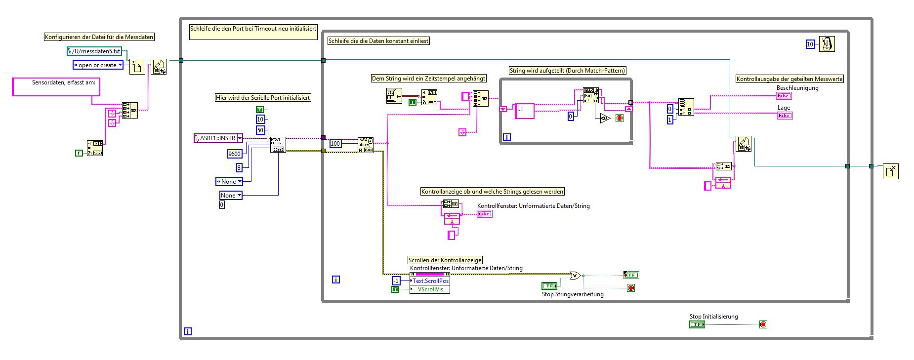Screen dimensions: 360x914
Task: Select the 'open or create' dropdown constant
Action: (x=98, y=65)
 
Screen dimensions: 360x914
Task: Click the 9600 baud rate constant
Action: (x=234, y=154)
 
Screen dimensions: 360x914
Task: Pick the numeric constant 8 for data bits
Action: (x=239, y=167)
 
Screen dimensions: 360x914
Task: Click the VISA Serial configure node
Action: (x=278, y=145)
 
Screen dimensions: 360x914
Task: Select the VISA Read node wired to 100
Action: (x=366, y=145)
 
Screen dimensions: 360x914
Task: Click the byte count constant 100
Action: (x=335, y=144)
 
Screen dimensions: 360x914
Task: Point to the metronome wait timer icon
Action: (x=827, y=44)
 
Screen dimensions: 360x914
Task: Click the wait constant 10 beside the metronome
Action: (x=810, y=44)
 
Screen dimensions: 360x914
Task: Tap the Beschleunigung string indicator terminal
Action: (x=785, y=96)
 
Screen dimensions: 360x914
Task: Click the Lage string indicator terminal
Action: (x=785, y=116)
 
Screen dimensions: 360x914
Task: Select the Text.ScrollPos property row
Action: (x=430, y=280)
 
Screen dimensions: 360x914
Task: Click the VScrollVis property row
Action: (x=430, y=289)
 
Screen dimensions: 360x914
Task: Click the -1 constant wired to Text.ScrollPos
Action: (x=396, y=280)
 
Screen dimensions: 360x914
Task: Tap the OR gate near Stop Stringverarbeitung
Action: (x=575, y=276)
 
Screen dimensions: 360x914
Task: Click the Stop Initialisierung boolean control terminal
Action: (x=697, y=324)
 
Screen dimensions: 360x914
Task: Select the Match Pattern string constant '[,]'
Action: (x=525, y=111)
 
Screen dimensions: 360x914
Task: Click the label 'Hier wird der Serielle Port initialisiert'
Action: (x=263, y=98)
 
